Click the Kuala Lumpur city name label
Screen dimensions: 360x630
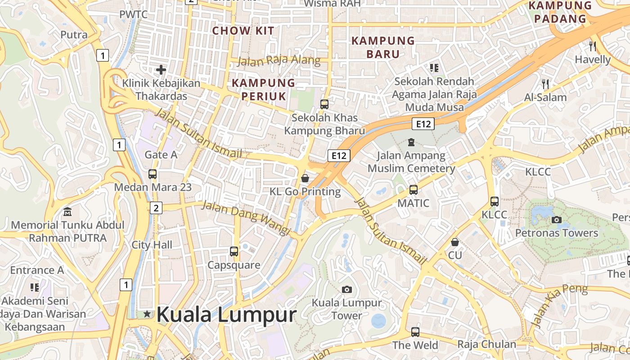tap(226, 315)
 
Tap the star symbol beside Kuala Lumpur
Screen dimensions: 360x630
tap(147, 314)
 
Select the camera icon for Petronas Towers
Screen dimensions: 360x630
tap(557, 220)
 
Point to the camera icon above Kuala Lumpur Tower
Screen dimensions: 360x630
tap(346, 289)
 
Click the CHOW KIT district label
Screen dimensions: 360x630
tap(243, 31)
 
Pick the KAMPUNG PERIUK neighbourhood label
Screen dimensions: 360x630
tap(263, 90)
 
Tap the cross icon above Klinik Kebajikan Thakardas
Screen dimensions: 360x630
tap(161, 70)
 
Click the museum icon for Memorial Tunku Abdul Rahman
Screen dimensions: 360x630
tap(67, 211)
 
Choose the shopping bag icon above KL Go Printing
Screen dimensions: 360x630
tap(305, 178)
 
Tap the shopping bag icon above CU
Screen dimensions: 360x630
tap(455, 242)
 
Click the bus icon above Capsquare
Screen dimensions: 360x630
tap(234, 252)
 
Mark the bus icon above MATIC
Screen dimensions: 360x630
tap(414, 190)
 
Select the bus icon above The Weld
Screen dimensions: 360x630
tap(415, 332)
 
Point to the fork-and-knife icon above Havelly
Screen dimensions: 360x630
tap(593, 46)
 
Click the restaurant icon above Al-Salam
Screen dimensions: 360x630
tap(545, 84)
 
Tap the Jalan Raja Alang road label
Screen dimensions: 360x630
tap(279, 61)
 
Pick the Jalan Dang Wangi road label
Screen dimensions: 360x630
tap(246, 217)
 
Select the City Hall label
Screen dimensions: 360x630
tap(152, 245)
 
